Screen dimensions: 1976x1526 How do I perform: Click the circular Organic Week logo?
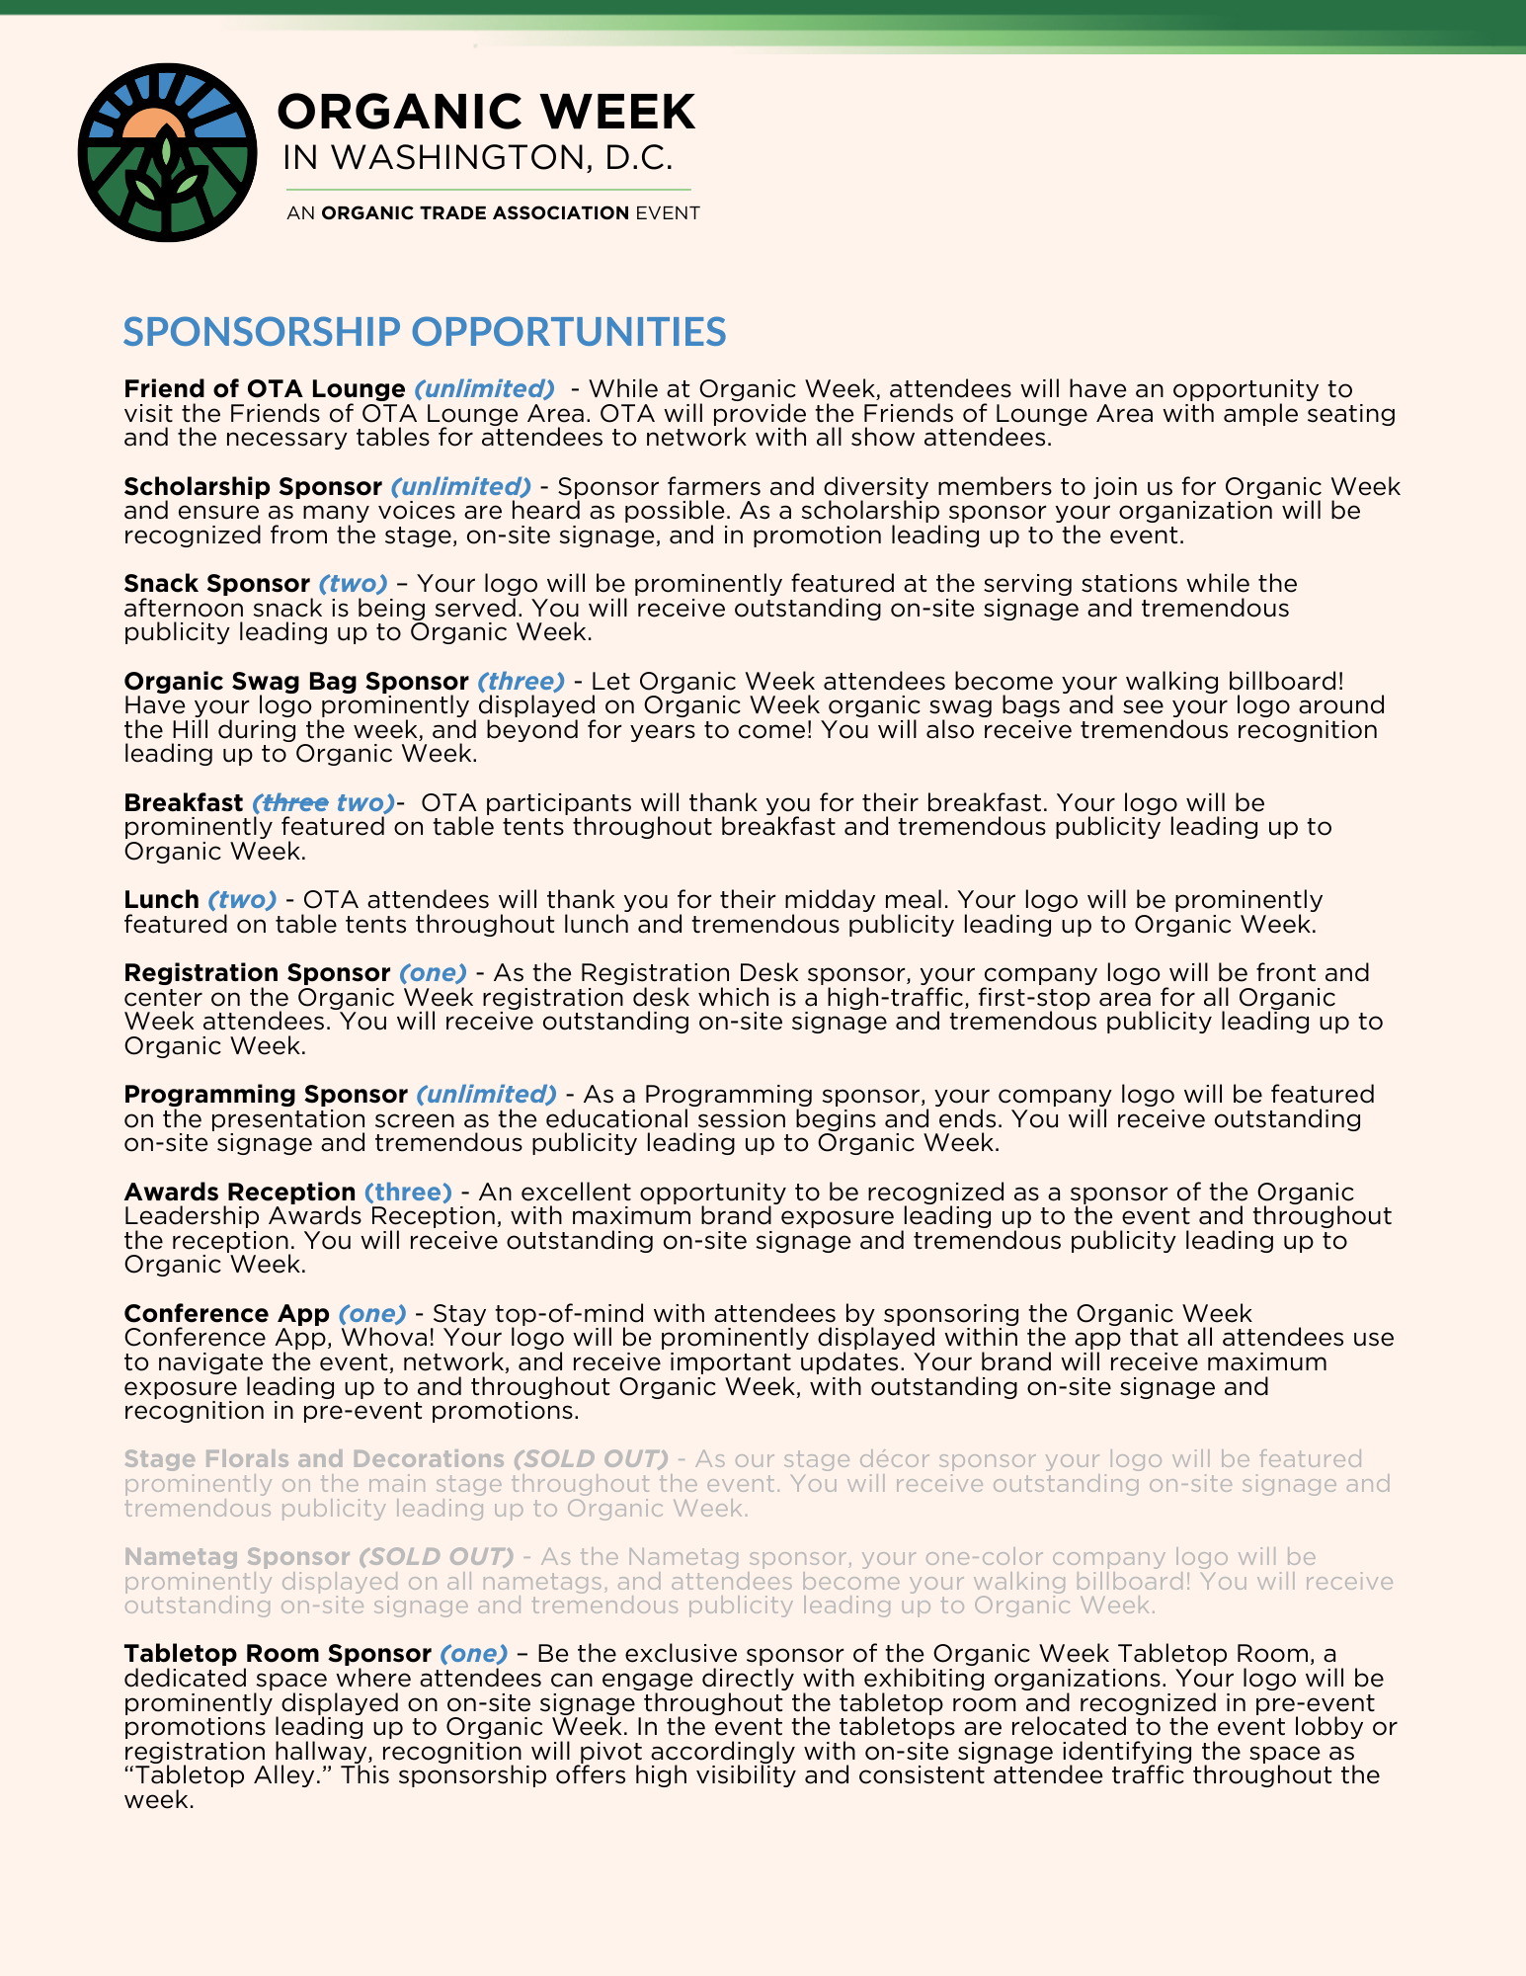point(167,152)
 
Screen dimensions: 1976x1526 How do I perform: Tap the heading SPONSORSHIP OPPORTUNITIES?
point(424,332)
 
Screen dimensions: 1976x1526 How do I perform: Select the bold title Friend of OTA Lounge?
point(264,389)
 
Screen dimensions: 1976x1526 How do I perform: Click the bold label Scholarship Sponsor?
point(252,487)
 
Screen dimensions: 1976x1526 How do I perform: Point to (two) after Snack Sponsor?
point(353,584)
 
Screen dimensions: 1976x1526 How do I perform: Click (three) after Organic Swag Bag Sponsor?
point(521,682)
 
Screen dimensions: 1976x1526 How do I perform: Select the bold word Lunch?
point(161,900)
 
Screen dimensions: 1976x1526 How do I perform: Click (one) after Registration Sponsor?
point(433,973)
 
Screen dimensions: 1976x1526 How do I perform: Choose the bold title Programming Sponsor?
point(265,1095)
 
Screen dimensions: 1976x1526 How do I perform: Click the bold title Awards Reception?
point(239,1193)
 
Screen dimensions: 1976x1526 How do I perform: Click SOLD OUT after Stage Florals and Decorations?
point(591,1459)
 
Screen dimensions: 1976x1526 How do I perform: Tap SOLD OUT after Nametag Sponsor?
point(436,1557)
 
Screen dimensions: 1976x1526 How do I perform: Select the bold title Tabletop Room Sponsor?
point(277,1654)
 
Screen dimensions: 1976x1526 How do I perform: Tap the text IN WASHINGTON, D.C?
point(477,158)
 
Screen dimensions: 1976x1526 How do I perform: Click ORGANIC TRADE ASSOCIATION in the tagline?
point(475,213)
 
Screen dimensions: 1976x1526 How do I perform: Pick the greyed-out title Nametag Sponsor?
point(236,1557)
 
